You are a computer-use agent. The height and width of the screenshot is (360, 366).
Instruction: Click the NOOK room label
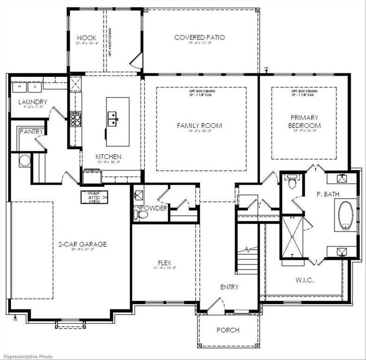pyautogui.click(x=87, y=38)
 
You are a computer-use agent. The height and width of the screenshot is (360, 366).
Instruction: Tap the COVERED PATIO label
pyautogui.click(x=199, y=37)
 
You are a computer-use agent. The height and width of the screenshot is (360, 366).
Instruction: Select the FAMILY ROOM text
pyautogui.click(x=199, y=126)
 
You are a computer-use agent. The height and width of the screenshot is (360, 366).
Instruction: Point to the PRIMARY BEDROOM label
pyautogui.click(x=305, y=121)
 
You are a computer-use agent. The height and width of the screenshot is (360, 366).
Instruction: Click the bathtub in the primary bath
pyautogui.click(x=346, y=215)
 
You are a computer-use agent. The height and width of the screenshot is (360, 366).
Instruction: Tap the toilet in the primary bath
pyautogui.click(x=292, y=182)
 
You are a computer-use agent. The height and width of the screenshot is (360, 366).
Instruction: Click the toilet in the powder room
pyautogui.click(x=141, y=214)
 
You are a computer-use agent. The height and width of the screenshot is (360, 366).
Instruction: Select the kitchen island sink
pyautogui.click(x=113, y=119)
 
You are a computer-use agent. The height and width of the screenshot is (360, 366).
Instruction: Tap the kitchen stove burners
pyautogui.click(x=75, y=119)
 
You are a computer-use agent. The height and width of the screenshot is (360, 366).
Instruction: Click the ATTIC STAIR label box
pyautogui.click(x=94, y=197)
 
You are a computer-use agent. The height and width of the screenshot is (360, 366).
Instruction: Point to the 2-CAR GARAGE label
pyautogui.click(x=82, y=244)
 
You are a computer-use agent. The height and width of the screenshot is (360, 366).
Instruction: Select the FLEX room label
pyautogui.click(x=164, y=263)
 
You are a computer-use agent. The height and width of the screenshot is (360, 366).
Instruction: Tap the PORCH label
pyautogui.click(x=228, y=330)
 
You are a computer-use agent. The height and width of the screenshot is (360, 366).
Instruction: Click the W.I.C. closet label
pyautogui.click(x=305, y=280)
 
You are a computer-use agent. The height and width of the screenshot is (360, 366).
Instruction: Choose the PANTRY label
pyautogui.click(x=31, y=132)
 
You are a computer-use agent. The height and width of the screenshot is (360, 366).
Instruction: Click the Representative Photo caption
pyautogui.click(x=27, y=356)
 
